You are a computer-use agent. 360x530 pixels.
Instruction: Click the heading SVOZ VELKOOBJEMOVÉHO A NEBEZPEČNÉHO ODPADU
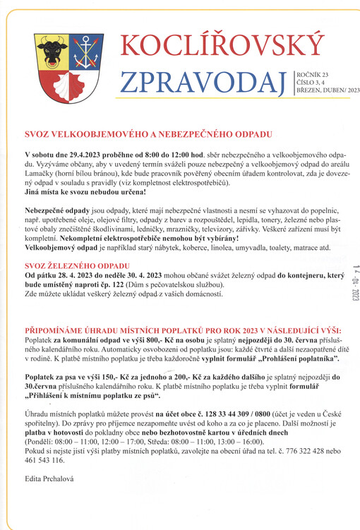[147, 134]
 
